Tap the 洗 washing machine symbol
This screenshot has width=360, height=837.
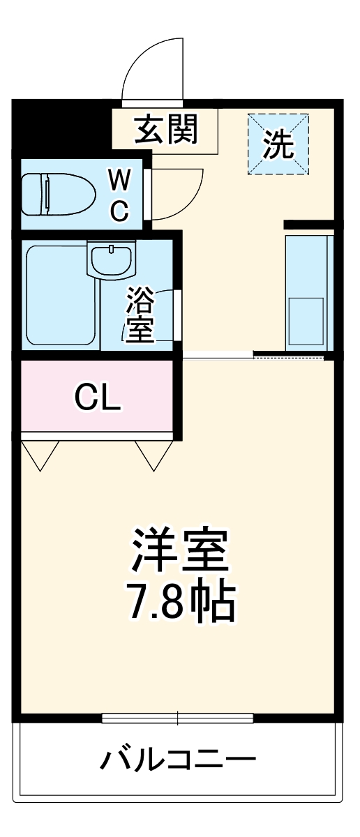[278, 144]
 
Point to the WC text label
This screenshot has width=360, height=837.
[119, 196]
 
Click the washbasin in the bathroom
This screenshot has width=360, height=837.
[111, 259]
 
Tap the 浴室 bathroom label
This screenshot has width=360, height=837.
[140, 317]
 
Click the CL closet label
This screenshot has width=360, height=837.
[98, 398]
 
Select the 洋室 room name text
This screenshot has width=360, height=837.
[180, 551]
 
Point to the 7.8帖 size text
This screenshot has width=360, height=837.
[180, 603]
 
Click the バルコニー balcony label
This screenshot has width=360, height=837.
[178, 759]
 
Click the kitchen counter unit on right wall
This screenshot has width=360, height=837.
[307, 289]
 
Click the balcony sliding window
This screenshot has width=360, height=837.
[177, 717]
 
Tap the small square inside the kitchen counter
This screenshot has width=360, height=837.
[306, 317]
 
